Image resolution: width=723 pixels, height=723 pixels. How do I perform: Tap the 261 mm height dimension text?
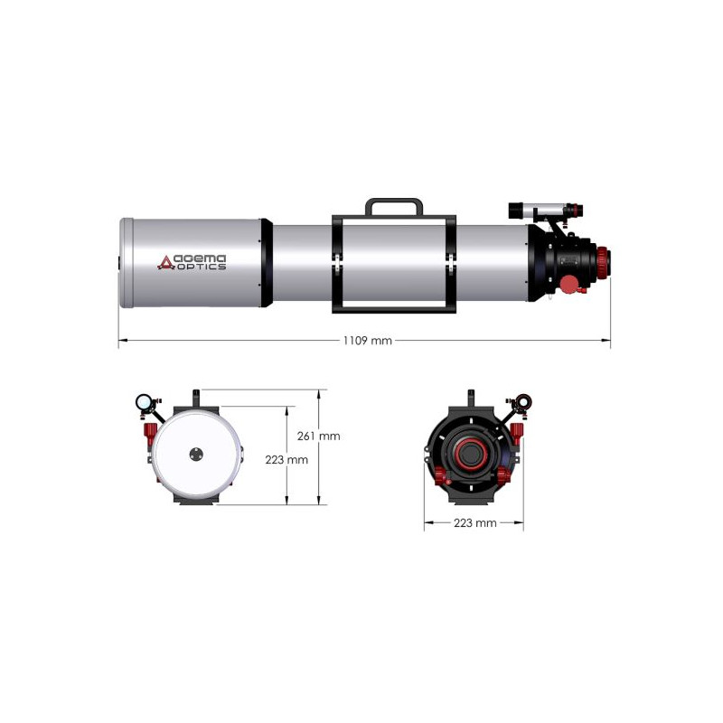click(x=318, y=436)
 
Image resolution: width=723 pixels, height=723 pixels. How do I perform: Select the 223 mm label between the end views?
click(x=286, y=459)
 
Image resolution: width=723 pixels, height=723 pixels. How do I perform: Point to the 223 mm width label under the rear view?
click(x=474, y=523)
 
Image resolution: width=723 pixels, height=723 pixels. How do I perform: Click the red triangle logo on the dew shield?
click(x=165, y=262)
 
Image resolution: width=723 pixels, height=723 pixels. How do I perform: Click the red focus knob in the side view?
click(x=568, y=285)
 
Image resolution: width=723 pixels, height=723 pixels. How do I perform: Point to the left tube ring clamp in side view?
click(x=336, y=263)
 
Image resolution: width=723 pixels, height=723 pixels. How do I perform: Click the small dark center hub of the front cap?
click(x=196, y=455)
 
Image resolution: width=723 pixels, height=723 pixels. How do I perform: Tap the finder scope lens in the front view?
click(x=143, y=402)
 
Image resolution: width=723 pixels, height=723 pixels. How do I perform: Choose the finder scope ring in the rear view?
click(x=523, y=402)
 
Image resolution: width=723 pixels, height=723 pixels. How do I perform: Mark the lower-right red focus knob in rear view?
click(x=502, y=474)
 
